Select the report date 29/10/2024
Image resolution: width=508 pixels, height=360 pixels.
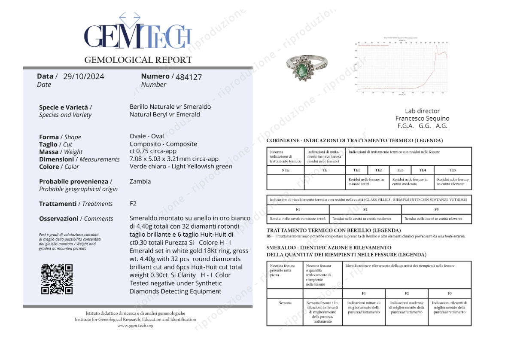coord(83,76)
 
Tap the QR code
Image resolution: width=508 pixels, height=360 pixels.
coord(57,279)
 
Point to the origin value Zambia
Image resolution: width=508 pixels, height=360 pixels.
coord(140,181)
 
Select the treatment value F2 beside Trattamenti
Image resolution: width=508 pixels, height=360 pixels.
coord(133,203)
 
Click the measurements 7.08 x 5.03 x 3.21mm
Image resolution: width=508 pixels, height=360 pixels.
coord(174,159)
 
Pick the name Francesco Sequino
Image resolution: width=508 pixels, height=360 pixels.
coord(422,118)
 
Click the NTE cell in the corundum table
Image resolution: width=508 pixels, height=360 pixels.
coord(285,170)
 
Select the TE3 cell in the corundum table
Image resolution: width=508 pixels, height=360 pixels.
coord(400,170)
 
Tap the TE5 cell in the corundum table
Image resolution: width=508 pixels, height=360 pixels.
coord(453,170)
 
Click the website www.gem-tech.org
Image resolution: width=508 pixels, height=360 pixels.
coord(135,326)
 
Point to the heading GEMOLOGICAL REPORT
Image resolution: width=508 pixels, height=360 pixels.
coord(138,60)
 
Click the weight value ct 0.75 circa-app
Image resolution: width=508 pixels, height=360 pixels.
coord(153,151)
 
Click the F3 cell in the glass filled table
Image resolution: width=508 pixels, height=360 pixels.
coord(436,209)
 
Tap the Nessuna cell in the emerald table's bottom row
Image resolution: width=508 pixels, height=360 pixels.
coord(285,303)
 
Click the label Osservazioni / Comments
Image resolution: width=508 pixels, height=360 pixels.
coord(76,219)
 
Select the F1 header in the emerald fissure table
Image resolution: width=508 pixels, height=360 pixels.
coord(363,293)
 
